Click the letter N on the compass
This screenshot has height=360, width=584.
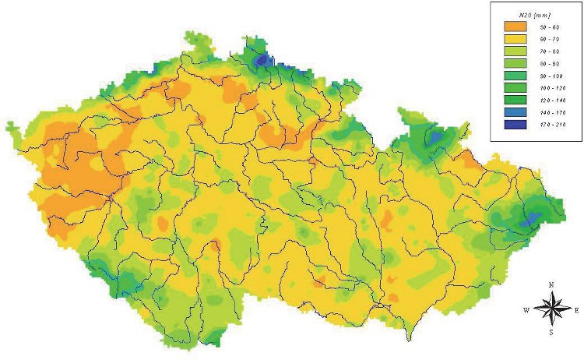pos(551,285)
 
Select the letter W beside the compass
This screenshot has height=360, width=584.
pos(526,310)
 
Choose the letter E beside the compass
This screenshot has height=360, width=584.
pos(576,310)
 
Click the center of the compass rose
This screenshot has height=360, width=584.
pos(551,309)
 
